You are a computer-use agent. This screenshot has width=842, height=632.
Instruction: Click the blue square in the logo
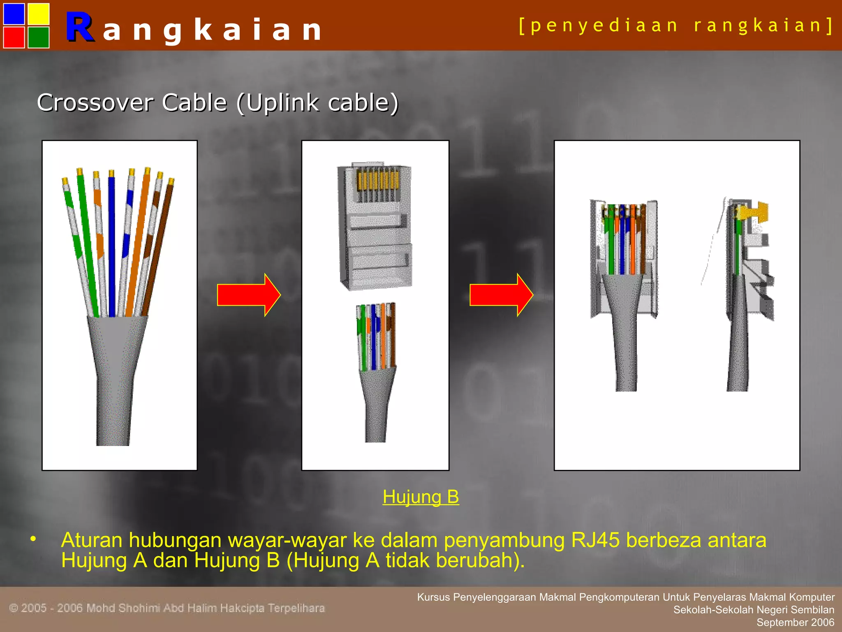tap(14, 14)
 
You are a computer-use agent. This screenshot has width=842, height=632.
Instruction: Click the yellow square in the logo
tap(39, 14)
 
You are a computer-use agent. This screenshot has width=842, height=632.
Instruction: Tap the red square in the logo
tap(14, 37)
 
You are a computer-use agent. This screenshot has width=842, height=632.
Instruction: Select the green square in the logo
tap(39, 37)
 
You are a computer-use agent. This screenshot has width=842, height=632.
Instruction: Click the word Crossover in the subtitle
tap(96, 102)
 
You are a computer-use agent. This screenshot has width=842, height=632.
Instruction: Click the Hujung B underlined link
tap(421, 497)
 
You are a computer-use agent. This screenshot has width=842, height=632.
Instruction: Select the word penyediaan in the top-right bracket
tap(604, 26)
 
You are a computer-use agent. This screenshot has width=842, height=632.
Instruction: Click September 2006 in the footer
tap(795, 623)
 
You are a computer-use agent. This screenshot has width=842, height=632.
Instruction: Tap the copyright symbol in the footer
tap(14, 608)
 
